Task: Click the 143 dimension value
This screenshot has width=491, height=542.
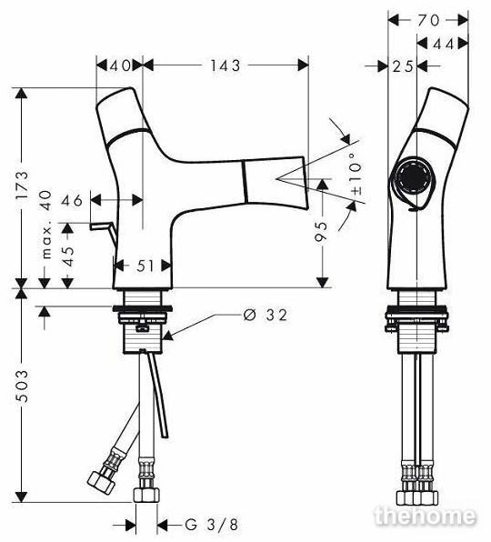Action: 225,65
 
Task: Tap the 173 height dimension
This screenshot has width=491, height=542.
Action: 22,185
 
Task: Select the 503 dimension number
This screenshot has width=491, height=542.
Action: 22,386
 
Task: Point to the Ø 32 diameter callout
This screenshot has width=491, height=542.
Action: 266,315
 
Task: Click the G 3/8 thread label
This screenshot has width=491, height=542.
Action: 212,525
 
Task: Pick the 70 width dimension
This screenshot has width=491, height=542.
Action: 428,21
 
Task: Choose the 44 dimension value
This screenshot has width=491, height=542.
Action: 443,44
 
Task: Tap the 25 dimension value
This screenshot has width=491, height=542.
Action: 403,66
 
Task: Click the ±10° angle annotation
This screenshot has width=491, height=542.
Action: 356,173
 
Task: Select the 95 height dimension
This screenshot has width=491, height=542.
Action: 321,231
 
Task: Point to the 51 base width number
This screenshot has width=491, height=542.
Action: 145,266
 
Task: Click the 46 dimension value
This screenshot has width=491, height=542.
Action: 72,200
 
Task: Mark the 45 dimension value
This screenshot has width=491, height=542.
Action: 69,256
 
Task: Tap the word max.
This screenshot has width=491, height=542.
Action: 46,242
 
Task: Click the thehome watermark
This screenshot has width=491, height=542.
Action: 426,516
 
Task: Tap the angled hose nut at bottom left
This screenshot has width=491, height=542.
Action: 101,482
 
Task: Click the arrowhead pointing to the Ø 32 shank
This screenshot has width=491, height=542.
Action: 168,335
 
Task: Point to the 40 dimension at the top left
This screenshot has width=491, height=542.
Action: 120,65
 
